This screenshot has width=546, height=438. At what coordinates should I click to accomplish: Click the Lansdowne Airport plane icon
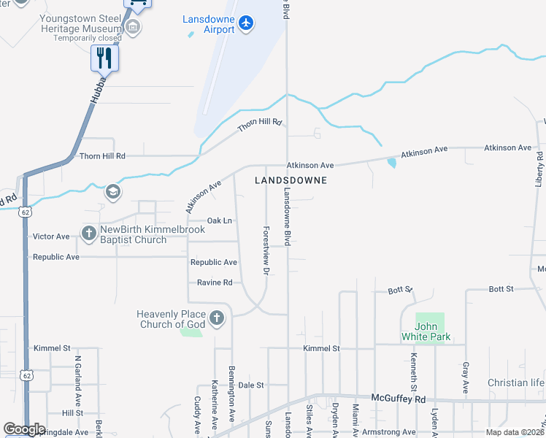click(x=246, y=23)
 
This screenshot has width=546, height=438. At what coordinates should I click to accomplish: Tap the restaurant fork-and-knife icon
click(x=104, y=58)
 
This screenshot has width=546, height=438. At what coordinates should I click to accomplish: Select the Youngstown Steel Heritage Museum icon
click(x=133, y=28)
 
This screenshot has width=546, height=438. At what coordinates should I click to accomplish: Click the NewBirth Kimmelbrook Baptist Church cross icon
click(x=89, y=234)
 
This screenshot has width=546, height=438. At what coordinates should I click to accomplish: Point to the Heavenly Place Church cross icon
click(x=216, y=318)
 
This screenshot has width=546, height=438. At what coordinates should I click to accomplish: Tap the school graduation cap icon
click(x=112, y=192)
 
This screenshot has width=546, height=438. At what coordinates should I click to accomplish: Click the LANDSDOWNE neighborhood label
click(x=291, y=180)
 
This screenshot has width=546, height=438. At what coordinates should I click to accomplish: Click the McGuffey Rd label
click(x=398, y=399)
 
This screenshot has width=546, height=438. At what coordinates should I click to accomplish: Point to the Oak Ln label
click(x=220, y=220)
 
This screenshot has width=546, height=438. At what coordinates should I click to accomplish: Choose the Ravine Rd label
click(x=214, y=283)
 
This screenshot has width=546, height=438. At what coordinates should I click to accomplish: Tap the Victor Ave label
click(x=51, y=237)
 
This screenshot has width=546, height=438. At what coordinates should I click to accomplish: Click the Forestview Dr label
click(x=266, y=250)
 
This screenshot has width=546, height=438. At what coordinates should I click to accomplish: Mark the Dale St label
click(x=250, y=385)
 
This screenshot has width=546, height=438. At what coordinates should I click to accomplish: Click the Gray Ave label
click(x=465, y=374)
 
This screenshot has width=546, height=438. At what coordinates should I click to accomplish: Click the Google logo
click(x=24, y=429)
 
